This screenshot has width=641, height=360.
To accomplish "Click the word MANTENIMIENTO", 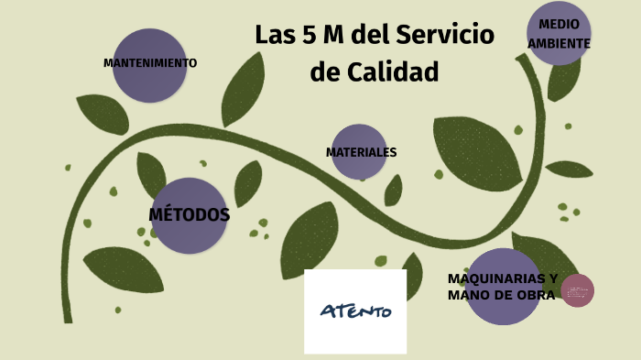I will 150,63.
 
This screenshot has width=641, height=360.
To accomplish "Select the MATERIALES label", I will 361,152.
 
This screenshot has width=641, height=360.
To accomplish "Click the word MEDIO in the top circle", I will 559,24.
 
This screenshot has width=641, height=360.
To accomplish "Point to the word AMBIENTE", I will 559,43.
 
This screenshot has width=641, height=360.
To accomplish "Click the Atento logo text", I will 355,311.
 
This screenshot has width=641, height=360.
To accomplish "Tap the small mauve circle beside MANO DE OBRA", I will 578,291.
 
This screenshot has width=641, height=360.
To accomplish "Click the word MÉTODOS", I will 189,215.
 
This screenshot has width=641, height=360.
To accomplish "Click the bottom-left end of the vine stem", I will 68,318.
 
